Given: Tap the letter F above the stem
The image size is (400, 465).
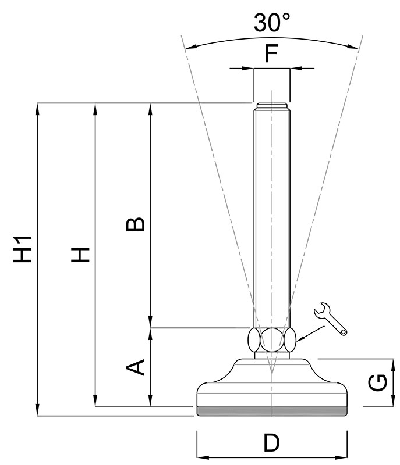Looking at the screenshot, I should (x=271, y=54).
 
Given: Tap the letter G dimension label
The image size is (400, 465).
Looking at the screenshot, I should (x=378, y=383).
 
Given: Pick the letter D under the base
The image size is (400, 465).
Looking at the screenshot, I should (x=271, y=443).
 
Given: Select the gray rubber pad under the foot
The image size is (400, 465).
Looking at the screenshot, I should (x=271, y=411).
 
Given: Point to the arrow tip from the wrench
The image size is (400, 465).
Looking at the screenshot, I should (x=297, y=340).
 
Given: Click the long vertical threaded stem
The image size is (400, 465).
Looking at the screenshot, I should (x=271, y=215).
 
